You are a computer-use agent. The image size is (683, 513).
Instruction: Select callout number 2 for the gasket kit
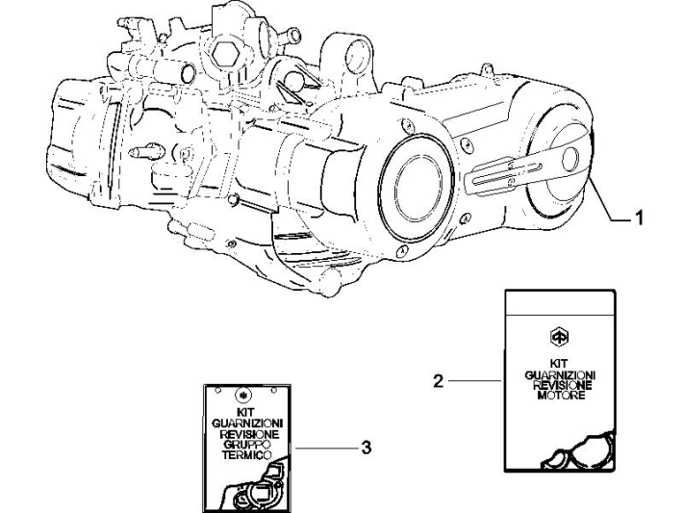(439, 381)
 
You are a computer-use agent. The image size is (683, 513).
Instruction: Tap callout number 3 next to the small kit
(366, 448)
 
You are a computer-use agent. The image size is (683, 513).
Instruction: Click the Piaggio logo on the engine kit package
(555, 337)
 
